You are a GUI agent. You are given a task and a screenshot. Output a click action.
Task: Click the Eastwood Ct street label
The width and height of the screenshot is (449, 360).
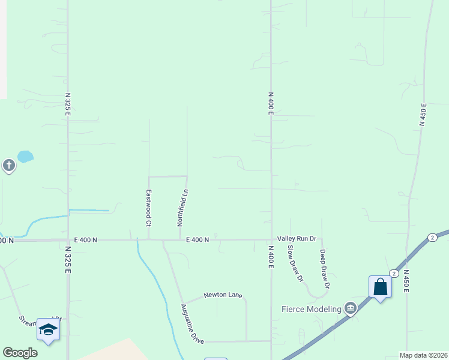148,208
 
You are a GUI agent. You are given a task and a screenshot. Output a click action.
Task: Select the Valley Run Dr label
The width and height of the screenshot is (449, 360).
297,239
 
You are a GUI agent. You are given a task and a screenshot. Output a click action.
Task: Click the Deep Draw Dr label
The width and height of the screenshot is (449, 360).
325,269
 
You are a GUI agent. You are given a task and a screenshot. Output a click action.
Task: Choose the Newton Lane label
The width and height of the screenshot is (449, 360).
223,295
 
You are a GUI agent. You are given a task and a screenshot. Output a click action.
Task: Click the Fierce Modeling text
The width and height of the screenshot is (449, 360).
311,310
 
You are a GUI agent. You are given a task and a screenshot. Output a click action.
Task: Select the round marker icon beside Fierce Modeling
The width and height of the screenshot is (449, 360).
351,309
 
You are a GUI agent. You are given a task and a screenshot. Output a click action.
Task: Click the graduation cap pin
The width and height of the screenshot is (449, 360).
48,329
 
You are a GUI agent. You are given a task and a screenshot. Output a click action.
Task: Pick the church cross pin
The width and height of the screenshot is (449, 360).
8,164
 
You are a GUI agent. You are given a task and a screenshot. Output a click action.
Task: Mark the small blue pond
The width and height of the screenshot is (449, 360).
25,157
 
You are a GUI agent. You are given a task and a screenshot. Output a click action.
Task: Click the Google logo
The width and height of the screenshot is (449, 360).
20,353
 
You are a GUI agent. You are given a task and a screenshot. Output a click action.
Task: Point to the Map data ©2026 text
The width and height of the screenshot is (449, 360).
423,355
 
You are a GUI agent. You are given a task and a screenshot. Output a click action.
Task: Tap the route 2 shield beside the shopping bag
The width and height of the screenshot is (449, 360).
394,274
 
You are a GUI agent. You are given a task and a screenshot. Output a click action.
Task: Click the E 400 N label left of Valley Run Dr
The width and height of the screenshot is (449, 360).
197,239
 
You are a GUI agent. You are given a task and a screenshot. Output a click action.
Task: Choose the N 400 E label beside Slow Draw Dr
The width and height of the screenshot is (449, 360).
271,256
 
